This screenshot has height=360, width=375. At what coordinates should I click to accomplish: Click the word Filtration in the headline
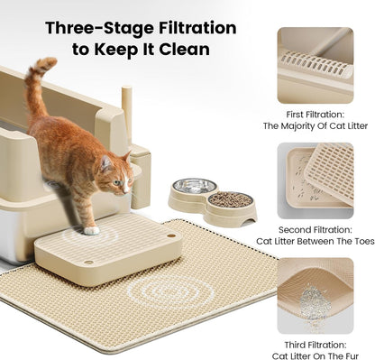pyautogui.click(x=192, y=29)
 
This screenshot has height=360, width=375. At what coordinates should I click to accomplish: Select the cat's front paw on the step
pyautogui.click(x=92, y=229)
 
